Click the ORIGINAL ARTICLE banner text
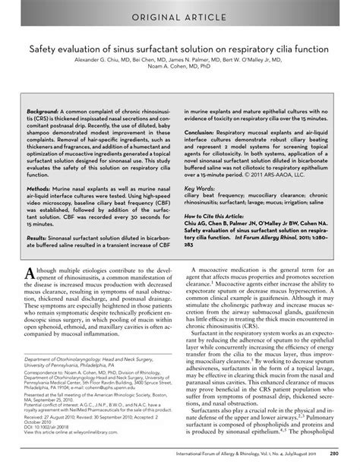coord(180,17)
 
